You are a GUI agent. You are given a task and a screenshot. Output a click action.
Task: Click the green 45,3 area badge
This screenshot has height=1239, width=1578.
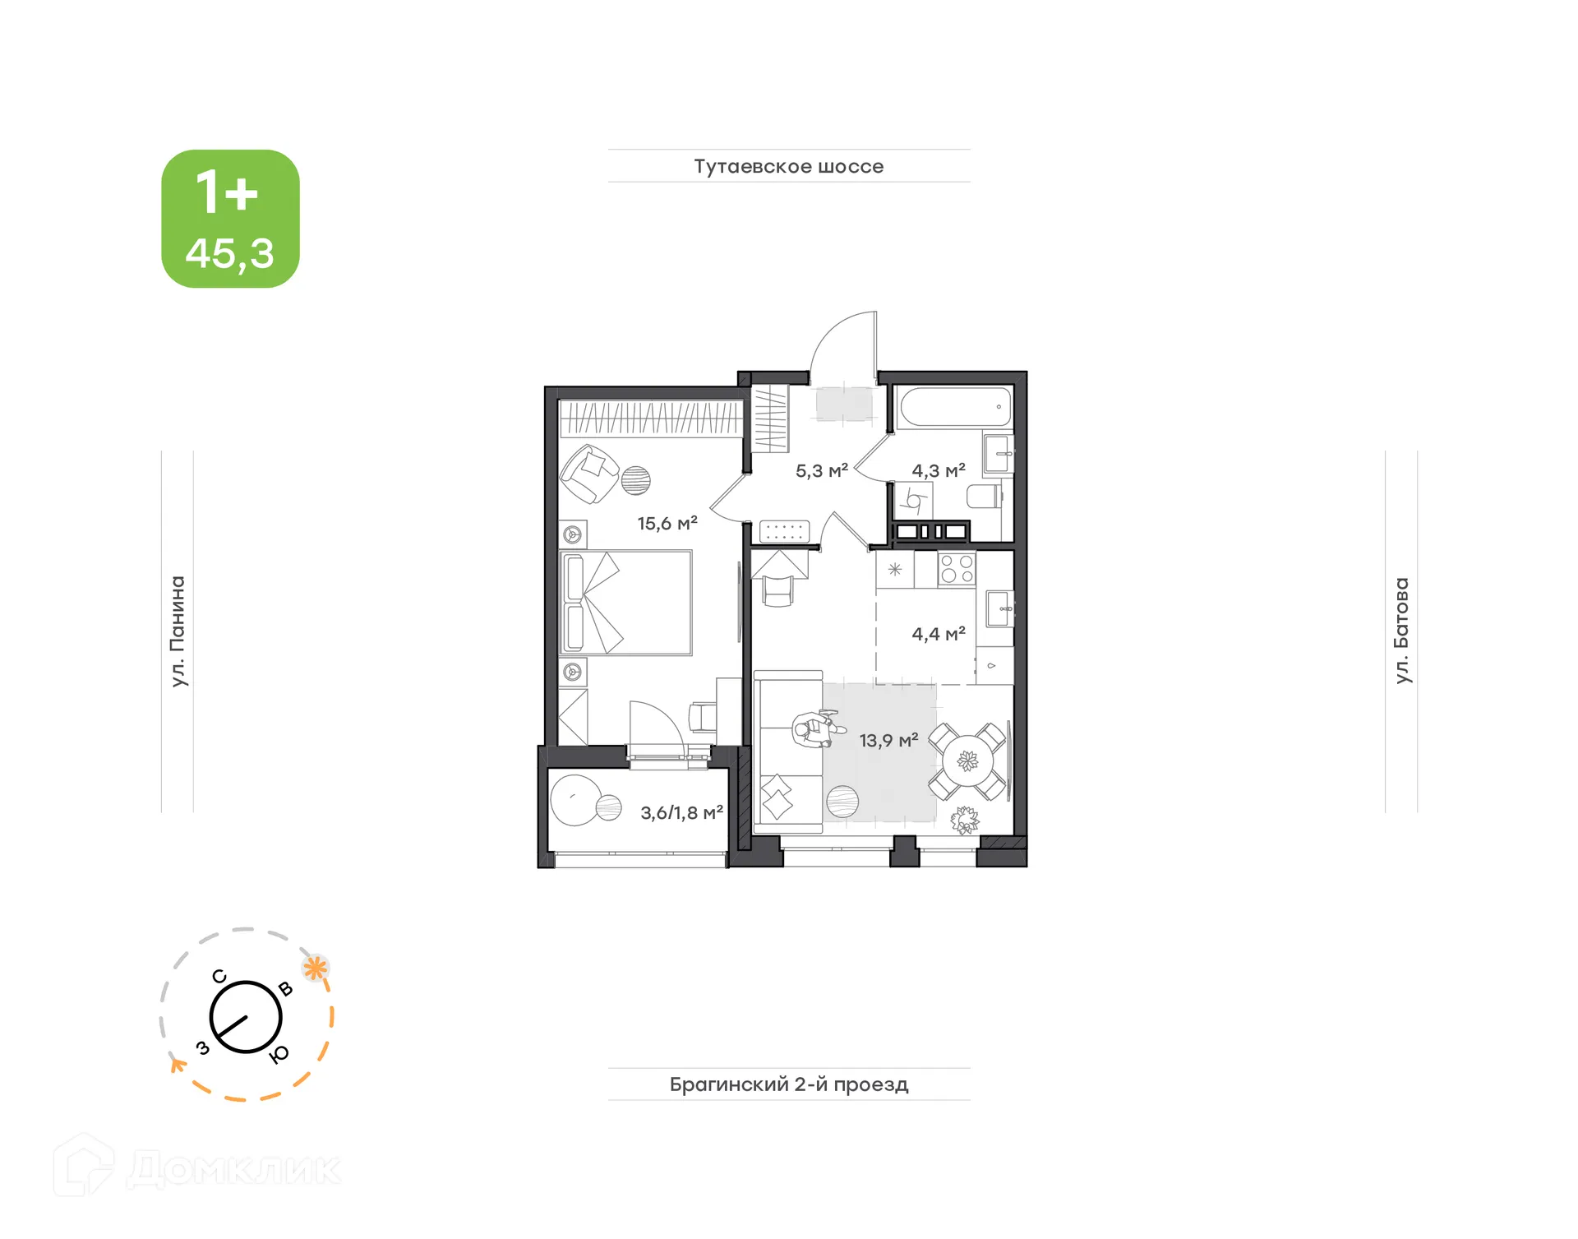230,219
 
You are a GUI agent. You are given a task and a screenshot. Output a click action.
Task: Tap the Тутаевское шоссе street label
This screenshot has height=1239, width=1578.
788,166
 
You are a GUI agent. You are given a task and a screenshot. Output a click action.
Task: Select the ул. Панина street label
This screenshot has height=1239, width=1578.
178,631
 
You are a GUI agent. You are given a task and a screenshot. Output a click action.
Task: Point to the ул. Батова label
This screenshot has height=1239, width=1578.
1401,631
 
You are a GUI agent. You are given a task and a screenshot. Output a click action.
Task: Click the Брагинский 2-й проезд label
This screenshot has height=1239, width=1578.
788,1084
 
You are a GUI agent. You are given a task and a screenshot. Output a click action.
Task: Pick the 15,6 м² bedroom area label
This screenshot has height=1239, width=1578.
667,523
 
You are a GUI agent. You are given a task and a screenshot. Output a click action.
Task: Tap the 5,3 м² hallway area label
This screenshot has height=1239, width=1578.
821,471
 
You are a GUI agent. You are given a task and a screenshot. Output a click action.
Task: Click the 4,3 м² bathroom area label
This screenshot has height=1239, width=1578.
938,471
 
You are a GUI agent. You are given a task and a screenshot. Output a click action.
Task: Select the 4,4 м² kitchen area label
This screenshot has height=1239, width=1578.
938,634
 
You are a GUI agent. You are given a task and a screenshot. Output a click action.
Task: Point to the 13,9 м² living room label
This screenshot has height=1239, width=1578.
888,740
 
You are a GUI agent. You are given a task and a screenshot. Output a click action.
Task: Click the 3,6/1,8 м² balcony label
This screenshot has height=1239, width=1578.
681,812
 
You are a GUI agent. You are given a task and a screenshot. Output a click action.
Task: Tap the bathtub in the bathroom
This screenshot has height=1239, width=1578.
954,407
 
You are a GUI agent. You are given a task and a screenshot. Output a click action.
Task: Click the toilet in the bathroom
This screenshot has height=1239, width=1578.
985,497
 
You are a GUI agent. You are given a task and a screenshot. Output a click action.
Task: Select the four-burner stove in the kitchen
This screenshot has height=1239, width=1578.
957,569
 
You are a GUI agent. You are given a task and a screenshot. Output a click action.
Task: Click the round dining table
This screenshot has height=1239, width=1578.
968,761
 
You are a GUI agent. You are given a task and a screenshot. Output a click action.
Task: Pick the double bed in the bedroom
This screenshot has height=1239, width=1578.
625,603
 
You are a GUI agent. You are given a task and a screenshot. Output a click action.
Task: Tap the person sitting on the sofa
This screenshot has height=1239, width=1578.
814,729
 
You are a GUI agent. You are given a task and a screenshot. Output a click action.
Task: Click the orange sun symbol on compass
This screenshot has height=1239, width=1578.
316,968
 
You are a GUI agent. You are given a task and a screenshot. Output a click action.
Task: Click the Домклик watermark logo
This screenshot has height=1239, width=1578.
197,1167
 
